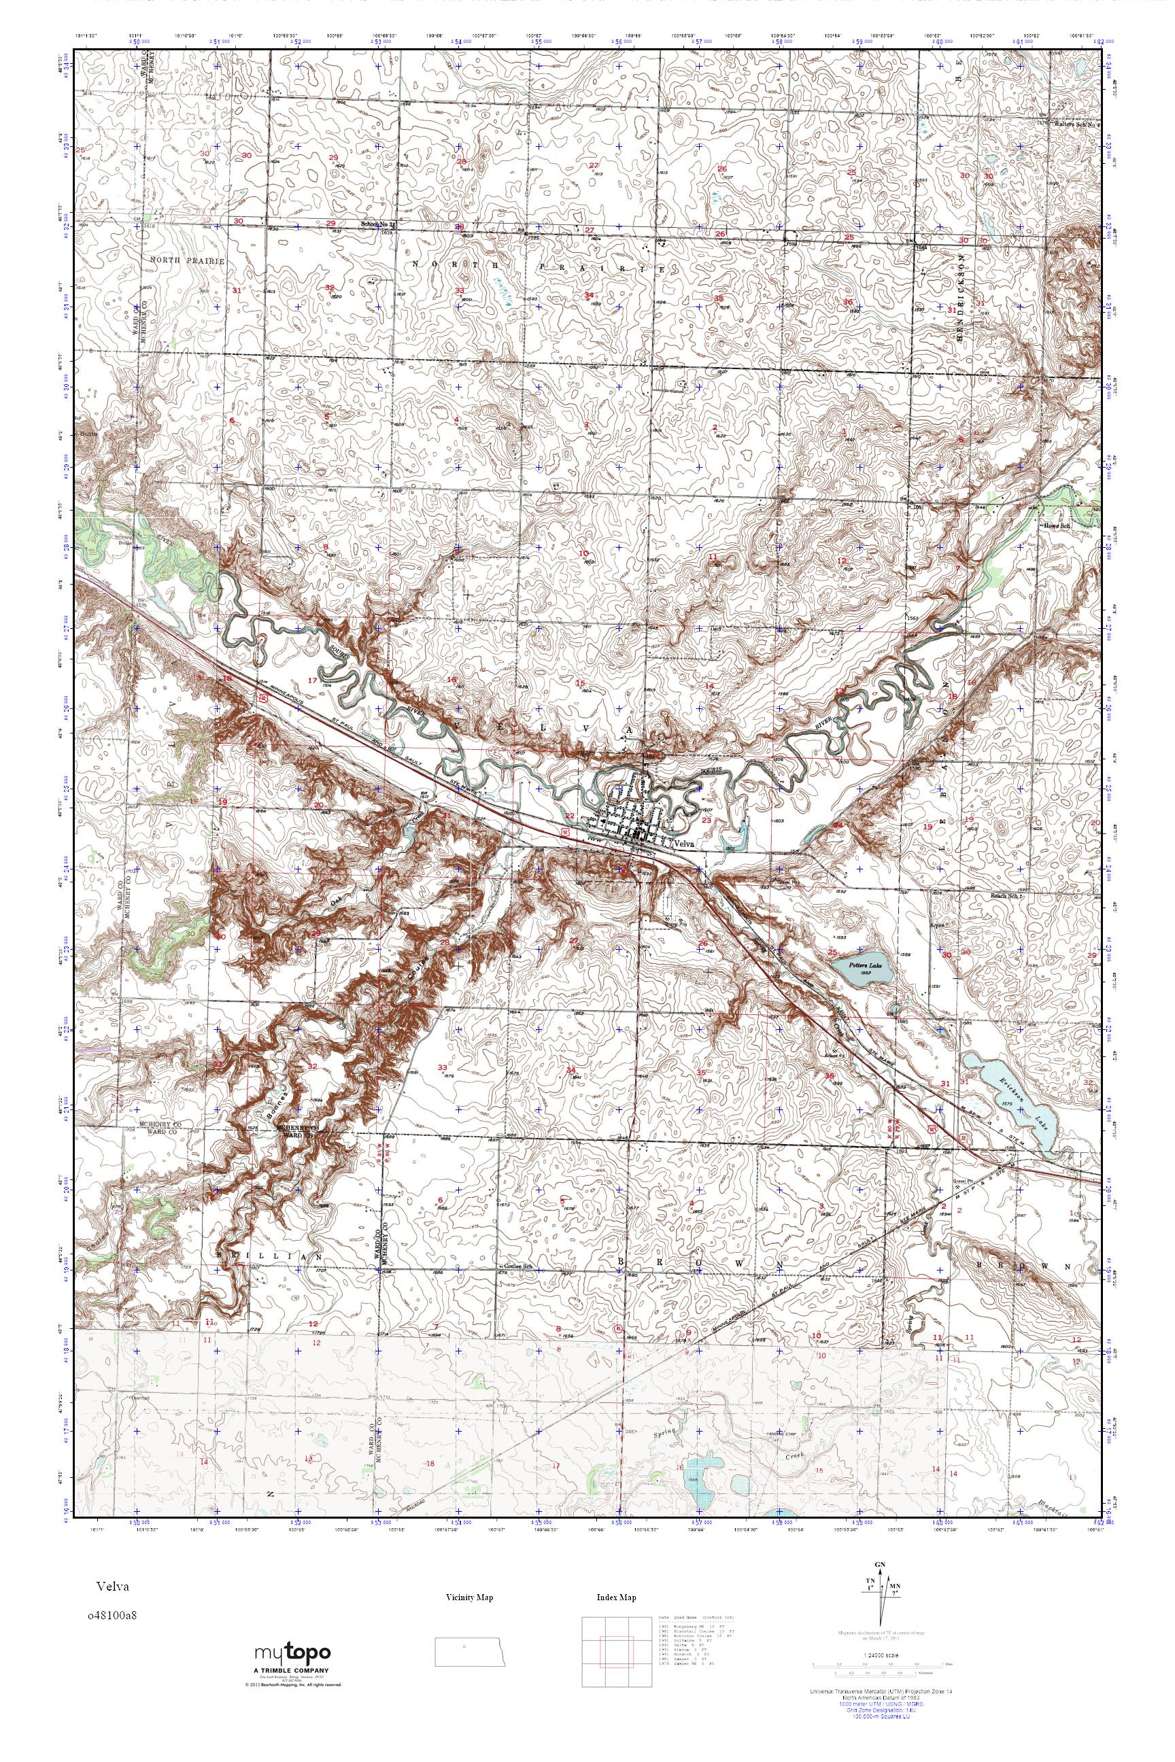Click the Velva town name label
685,844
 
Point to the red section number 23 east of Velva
706,820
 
